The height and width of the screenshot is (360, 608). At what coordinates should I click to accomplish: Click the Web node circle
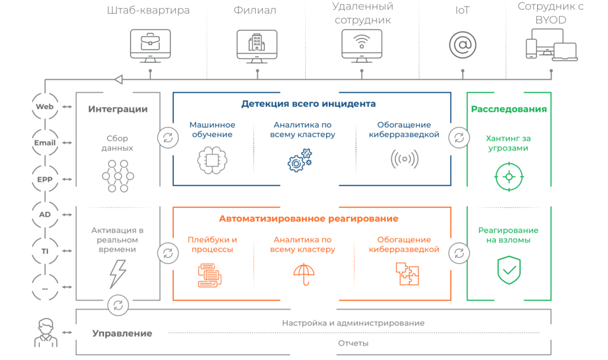point(45,107)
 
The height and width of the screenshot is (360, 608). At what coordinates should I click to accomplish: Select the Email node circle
point(45,143)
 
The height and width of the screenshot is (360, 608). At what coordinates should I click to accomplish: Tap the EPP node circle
point(45,178)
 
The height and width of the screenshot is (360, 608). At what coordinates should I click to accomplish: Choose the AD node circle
point(45,214)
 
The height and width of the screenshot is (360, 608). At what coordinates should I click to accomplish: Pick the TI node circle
point(45,251)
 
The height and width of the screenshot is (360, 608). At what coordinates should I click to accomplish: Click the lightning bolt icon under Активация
point(118,274)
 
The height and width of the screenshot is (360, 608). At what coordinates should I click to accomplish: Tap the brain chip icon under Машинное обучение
point(212,161)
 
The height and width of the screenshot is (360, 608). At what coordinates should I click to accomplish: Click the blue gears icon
point(300,161)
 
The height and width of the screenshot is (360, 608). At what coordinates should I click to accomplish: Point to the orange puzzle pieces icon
point(407,274)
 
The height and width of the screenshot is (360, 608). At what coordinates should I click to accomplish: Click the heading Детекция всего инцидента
point(308,104)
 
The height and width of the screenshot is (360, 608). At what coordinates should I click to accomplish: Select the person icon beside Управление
point(45,333)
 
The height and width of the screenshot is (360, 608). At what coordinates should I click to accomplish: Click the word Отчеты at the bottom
point(353,343)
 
